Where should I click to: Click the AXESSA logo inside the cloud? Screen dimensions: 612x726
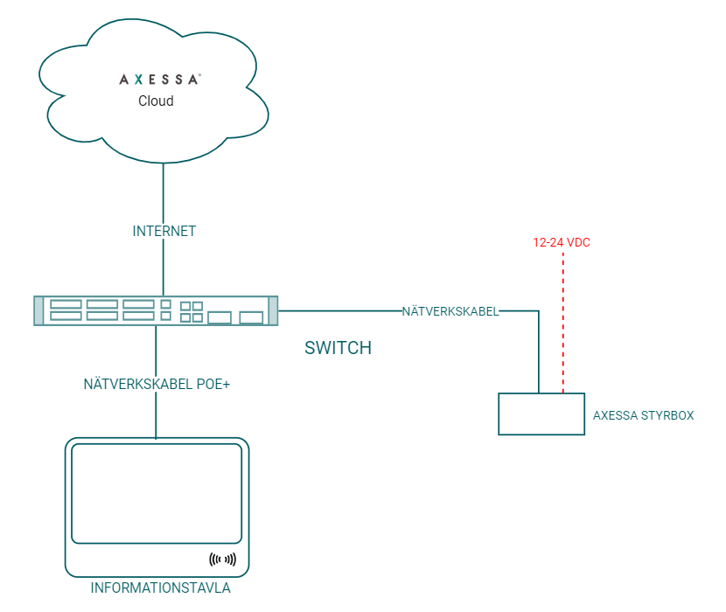coord(160,80)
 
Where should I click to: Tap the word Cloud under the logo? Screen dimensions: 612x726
coord(156,101)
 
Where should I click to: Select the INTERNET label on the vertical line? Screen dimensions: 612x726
coord(164,232)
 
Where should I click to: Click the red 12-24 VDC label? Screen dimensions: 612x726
coord(562,242)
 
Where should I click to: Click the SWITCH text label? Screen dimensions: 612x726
coord(338,348)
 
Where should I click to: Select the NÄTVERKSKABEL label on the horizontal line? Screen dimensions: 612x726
coord(450,311)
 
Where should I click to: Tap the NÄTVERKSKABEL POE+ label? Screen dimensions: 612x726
coord(157,384)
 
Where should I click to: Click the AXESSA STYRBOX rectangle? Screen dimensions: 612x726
coord(541,414)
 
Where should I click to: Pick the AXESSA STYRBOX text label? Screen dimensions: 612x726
coord(643,416)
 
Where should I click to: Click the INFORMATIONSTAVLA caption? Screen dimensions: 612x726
coord(161,588)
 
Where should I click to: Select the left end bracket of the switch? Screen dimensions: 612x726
coord(38,311)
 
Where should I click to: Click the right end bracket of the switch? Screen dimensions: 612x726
coord(273,311)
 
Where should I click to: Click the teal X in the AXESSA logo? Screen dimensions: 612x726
coord(139,80)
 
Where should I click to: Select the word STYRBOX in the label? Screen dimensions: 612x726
coord(668,416)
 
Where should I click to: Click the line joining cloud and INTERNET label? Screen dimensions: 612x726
coord(164,192)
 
